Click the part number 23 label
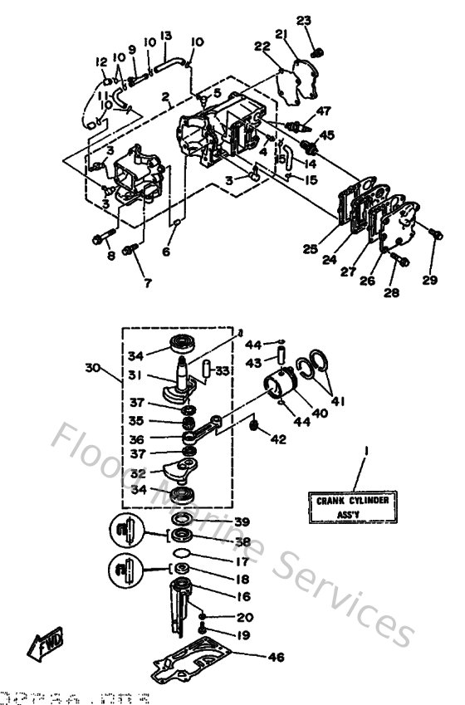coord(304,20)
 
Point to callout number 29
coord(428,281)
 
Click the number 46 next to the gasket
coord(276,658)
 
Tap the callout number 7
coord(147,282)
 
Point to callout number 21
coord(280,34)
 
